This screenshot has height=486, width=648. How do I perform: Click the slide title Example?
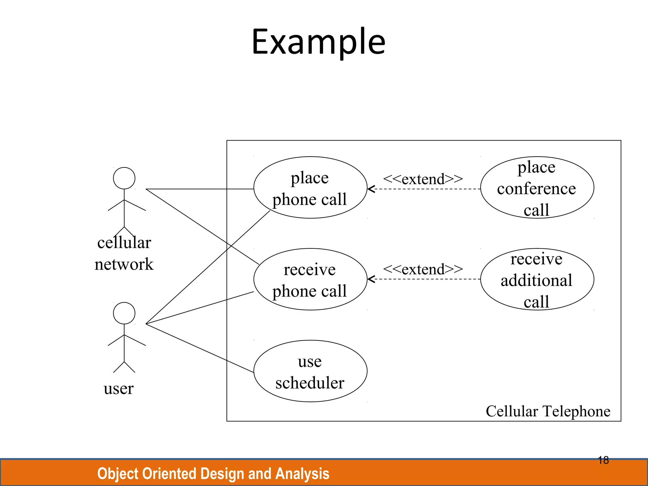pos(318,42)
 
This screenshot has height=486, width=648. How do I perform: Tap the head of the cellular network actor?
pos(124,178)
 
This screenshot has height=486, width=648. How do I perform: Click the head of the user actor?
pos(124,313)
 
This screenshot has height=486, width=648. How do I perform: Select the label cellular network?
pos(124,253)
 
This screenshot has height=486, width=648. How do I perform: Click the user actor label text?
pos(119,389)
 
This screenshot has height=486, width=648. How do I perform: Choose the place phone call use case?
pos(310,188)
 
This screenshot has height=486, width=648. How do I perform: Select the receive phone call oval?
pos(310,279)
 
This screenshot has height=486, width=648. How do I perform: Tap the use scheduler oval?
pos(310,371)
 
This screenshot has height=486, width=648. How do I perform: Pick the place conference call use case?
pos(537,188)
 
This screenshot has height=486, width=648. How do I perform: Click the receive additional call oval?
pos(537,279)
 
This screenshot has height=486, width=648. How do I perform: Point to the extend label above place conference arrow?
pos(423,179)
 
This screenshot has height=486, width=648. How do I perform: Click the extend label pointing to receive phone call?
pos(423,269)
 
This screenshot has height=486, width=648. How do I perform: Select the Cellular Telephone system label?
pos(548,411)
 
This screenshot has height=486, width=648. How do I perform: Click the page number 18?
pos(603,460)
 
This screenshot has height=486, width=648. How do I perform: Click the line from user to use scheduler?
pos(199,348)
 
